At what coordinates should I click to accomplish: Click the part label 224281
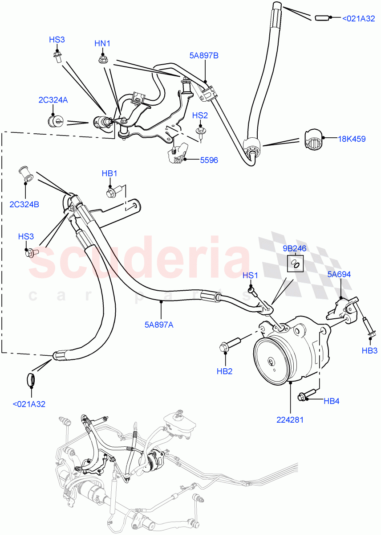point(290,420)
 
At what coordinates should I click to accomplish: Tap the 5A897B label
point(203,56)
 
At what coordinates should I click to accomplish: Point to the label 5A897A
point(159,325)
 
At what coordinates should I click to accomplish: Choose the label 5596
point(209,160)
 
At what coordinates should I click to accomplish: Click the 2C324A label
point(53,100)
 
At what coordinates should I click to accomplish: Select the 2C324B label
point(24,205)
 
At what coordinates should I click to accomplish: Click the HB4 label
point(332,401)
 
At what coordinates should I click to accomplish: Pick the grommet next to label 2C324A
point(55,121)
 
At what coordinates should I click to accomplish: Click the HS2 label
point(200,115)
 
